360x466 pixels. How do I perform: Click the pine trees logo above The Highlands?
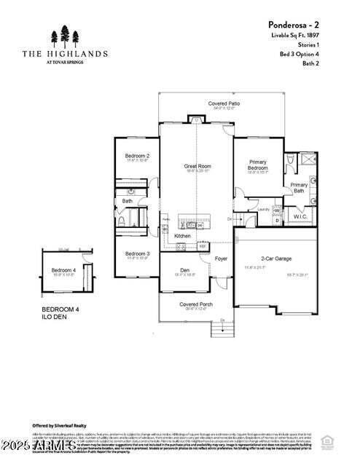click(x=65, y=36)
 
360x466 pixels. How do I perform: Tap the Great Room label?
click(x=197, y=166)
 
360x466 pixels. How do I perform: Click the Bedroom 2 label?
click(x=137, y=156)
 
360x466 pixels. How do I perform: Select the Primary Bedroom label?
click(x=257, y=165)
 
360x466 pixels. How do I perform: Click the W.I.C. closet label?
click(x=300, y=216)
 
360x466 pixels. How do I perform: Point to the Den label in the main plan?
click(x=185, y=270)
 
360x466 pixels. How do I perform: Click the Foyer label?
click(x=221, y=258)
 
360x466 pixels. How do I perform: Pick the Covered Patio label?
click(x=224, y=104)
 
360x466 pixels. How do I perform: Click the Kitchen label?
click(x=183, y=236)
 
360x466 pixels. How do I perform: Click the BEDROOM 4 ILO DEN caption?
click(x=60, y=313)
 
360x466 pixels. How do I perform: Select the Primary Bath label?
click(x=299, y=188)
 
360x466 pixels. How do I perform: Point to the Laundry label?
click(x=265, y=208)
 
